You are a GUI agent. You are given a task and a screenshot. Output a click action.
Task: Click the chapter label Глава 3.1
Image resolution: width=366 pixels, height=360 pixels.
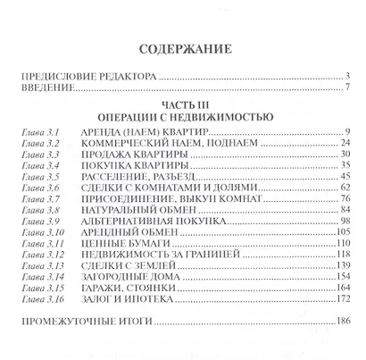(39, 131)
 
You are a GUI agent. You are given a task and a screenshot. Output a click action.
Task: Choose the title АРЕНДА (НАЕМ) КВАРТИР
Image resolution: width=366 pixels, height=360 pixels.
(137, 131)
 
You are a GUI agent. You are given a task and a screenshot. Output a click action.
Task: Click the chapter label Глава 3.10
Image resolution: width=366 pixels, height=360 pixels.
(41, 241)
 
